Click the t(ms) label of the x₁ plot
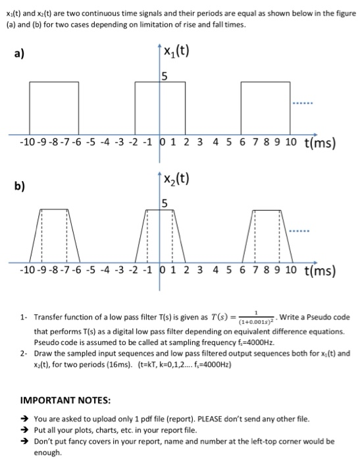pyautogui.click(x=320, y=143)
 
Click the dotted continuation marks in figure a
pyautogui.click(x=303, y=103)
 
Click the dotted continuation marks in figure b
pyautogui.click(x=303, y=232)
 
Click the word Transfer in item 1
pyautogui.click(x=48, y=317)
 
